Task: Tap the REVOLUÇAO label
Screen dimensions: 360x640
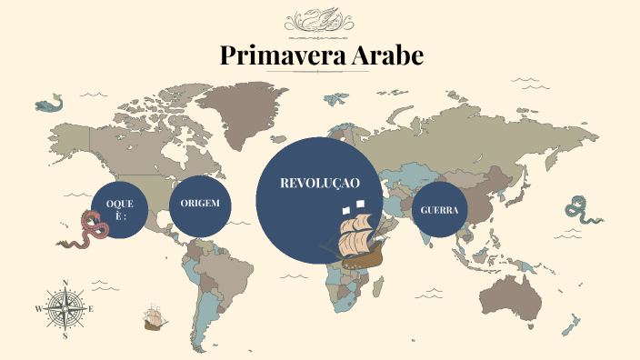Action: (320, 183)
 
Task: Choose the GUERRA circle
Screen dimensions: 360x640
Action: (439, 210)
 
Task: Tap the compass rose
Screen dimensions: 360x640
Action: (65, 309)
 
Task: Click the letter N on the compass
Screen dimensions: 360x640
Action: (65, 282)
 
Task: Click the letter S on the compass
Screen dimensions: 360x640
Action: (65, 335)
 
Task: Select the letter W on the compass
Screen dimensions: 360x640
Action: (38, 309)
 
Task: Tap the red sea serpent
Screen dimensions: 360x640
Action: (86, 230)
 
